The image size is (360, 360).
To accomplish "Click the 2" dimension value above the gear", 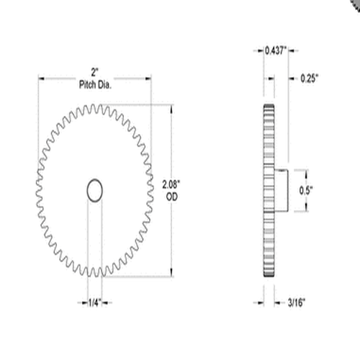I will pos(94,72).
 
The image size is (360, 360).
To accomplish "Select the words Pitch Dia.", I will pos(94,85).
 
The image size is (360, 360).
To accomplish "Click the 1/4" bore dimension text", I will pos(94,302).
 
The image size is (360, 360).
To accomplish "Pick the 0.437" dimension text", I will pos(275,50).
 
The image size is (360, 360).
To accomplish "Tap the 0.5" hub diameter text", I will pos(307,191).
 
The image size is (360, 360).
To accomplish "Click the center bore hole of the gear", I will pos(94,190).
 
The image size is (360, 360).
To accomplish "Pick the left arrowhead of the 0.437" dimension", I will pos(260,50).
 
